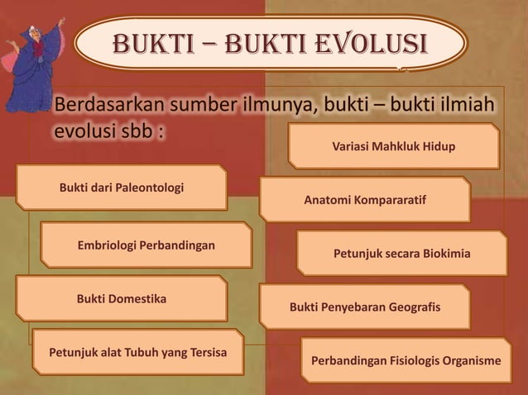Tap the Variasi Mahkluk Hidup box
[x=394, y=146]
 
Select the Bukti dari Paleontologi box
[x=122, y=188]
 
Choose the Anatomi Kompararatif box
[x=365, y=200]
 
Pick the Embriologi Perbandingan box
[x=146, y=245]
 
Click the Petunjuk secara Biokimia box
[x=401, y=254]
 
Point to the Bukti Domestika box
[x=122, y=297]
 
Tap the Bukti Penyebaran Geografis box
[x=365, y=307]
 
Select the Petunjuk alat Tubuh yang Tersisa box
[x=138, y=352]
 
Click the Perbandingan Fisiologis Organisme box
[x=406, y=361]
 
